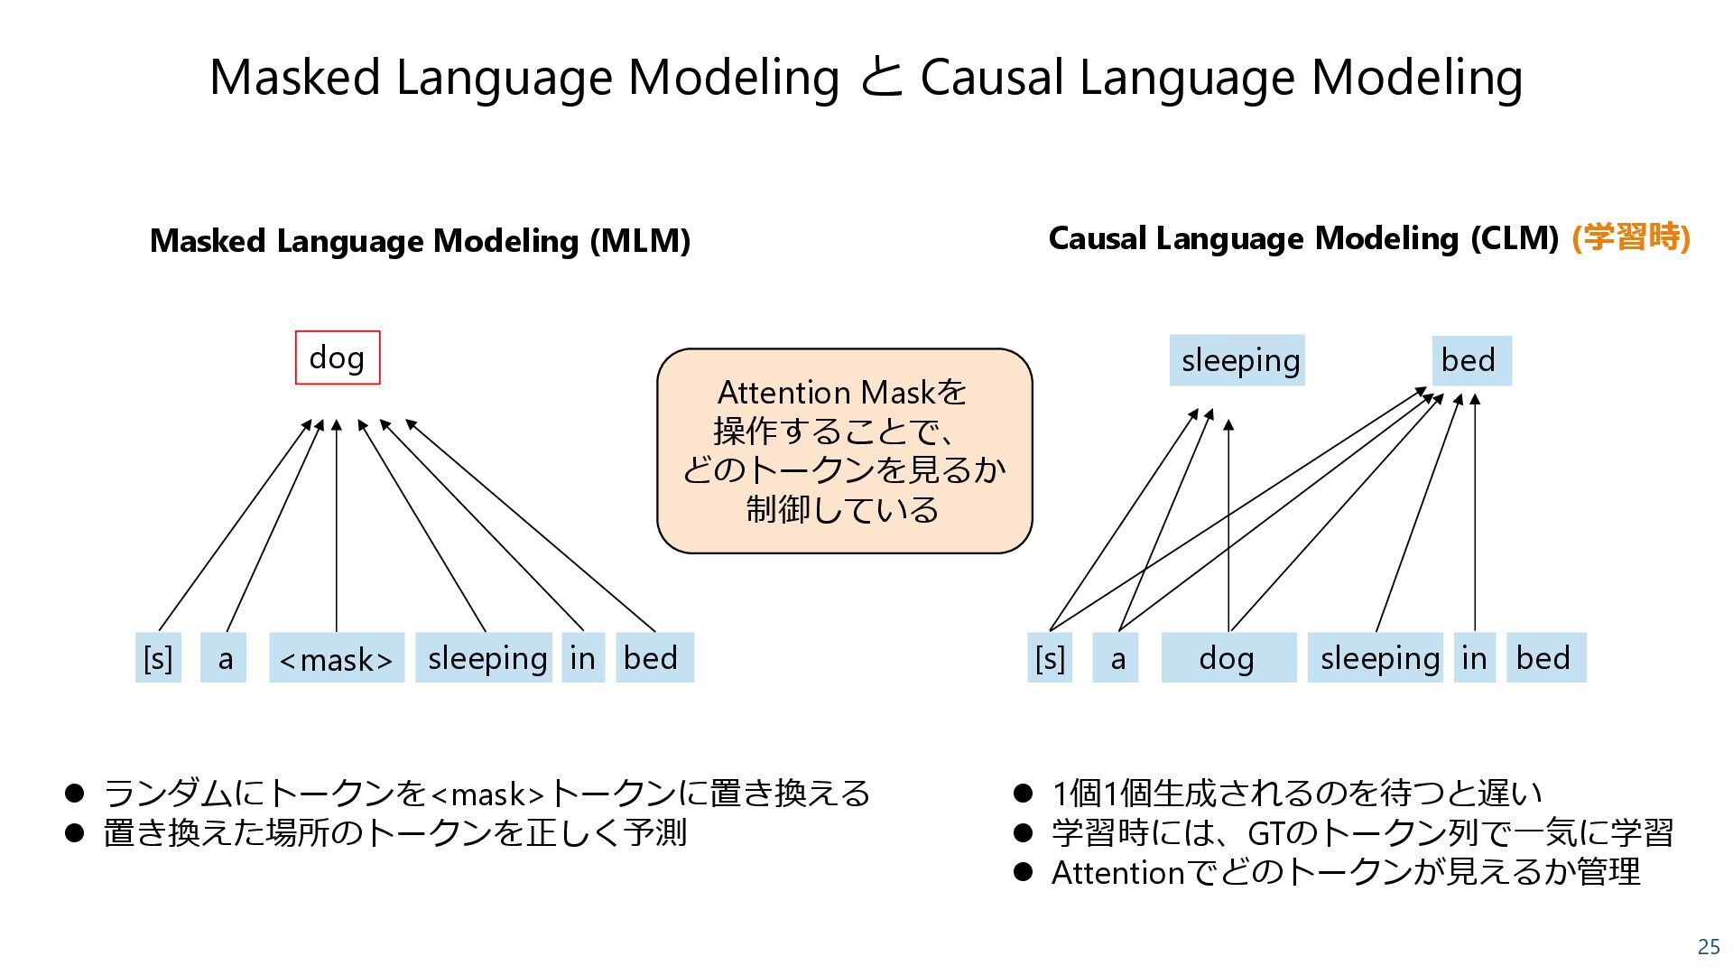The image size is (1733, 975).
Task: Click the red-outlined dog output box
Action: click(338, 357)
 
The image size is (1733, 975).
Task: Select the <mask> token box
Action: click(336, 658)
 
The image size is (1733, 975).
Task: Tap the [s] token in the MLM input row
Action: click(158, 658)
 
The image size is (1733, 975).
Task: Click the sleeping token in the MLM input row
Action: click(484, 658)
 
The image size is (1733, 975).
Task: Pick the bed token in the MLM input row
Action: click(653, 658)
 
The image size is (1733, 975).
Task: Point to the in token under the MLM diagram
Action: click(582, 658)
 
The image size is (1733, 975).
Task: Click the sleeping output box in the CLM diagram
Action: click(1237, 360)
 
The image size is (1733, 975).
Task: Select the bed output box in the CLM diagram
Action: click(1470, 360)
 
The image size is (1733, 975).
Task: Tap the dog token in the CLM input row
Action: click(1228, 658)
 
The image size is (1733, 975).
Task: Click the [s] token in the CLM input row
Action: click(1050, 658)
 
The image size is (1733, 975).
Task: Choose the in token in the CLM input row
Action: click(1474, 658)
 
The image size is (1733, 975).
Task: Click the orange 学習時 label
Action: click(1630, 237)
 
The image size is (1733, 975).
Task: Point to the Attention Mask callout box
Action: click(844, 450)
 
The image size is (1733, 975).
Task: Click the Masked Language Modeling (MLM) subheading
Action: click(420, 241)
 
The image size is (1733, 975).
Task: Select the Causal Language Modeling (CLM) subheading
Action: click(1303, 238)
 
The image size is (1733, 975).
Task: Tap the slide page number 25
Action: click(1709, 946)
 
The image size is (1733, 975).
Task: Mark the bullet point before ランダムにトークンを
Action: click(74, 794)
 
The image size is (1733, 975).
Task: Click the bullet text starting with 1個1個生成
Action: click(1296, 794)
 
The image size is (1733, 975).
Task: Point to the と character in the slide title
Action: click(880, 77)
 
